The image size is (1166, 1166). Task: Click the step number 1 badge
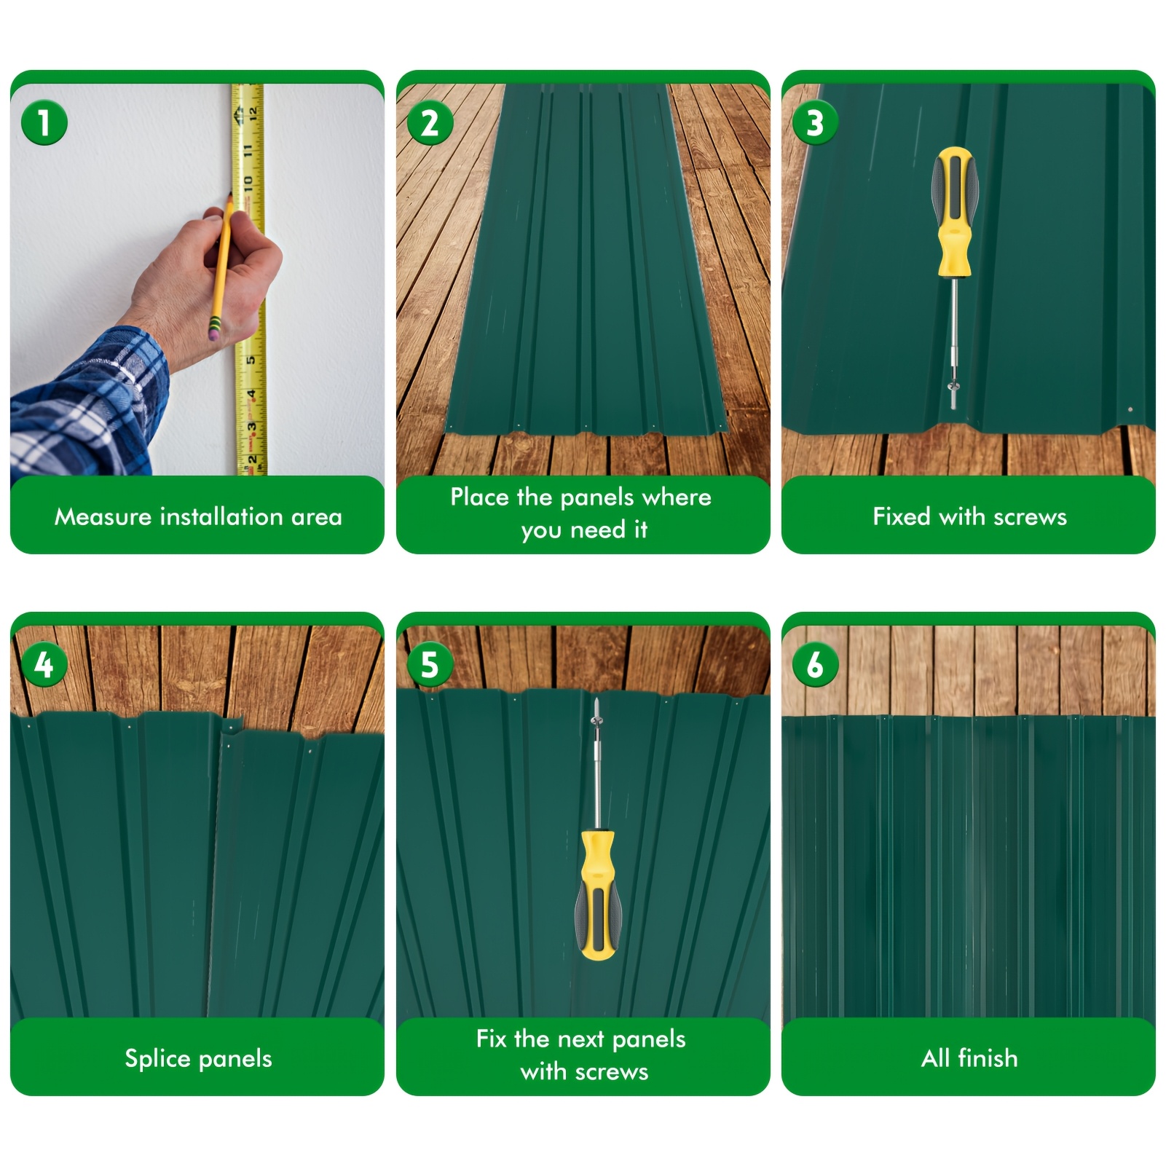pos(44,122)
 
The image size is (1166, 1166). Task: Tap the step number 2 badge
pos(430,122)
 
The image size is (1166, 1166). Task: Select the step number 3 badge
pos(815,122)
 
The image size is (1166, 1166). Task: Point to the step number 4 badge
pos(44,664)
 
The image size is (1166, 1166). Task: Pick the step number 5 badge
pos(430,664)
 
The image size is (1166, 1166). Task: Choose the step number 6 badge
pos(815,664)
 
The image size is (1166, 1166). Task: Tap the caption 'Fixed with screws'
pos(969,516)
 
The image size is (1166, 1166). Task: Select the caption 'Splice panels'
pos(198,1058)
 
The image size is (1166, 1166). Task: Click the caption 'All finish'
pos(969,1057)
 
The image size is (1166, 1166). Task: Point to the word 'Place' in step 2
pos(479,497)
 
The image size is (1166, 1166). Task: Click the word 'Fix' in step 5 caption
pos(492,1039)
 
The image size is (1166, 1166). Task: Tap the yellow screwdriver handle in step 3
pos(954,211)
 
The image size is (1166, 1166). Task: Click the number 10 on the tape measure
pos(248,181)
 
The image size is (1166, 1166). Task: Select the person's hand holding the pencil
pos(211,280)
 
